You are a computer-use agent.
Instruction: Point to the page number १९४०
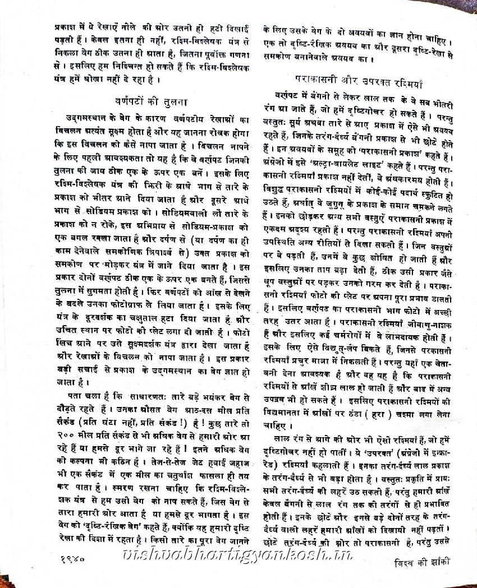[70, 558]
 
